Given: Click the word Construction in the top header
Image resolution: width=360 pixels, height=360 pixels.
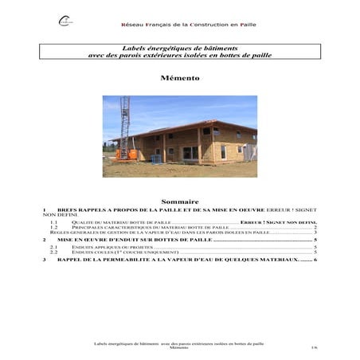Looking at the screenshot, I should pyautogui.click(x=202, y=25).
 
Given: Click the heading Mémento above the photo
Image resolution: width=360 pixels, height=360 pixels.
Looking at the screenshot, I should pyautogui.click(x=179, y=79).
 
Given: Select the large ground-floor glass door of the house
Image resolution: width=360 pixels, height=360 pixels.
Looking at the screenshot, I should pyautogui.click(x=190, y=152).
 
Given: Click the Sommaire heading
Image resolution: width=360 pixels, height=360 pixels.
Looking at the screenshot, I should pyautogui.click(x=179, y=202).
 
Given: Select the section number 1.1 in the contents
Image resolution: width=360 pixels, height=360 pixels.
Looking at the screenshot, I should pyautogui.click(x=54, y=222).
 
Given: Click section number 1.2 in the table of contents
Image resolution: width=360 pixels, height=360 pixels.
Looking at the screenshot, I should pyautogui.click(x=54, y=227).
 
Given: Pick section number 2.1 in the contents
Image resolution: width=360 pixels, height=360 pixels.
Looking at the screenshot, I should pyautogui.click(x=54, y=247).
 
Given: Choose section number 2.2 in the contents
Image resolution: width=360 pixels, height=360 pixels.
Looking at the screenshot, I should pyautogui.click(x=54, y=252).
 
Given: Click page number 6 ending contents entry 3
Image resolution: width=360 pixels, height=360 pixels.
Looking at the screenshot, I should pyautogui.click(x=316, y=260).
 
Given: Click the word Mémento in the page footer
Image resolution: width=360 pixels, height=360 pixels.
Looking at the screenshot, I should pyautogui.click(x=180, y=348).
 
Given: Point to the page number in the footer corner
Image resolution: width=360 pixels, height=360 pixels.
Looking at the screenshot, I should pyautogui.click(x=314, y=348).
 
